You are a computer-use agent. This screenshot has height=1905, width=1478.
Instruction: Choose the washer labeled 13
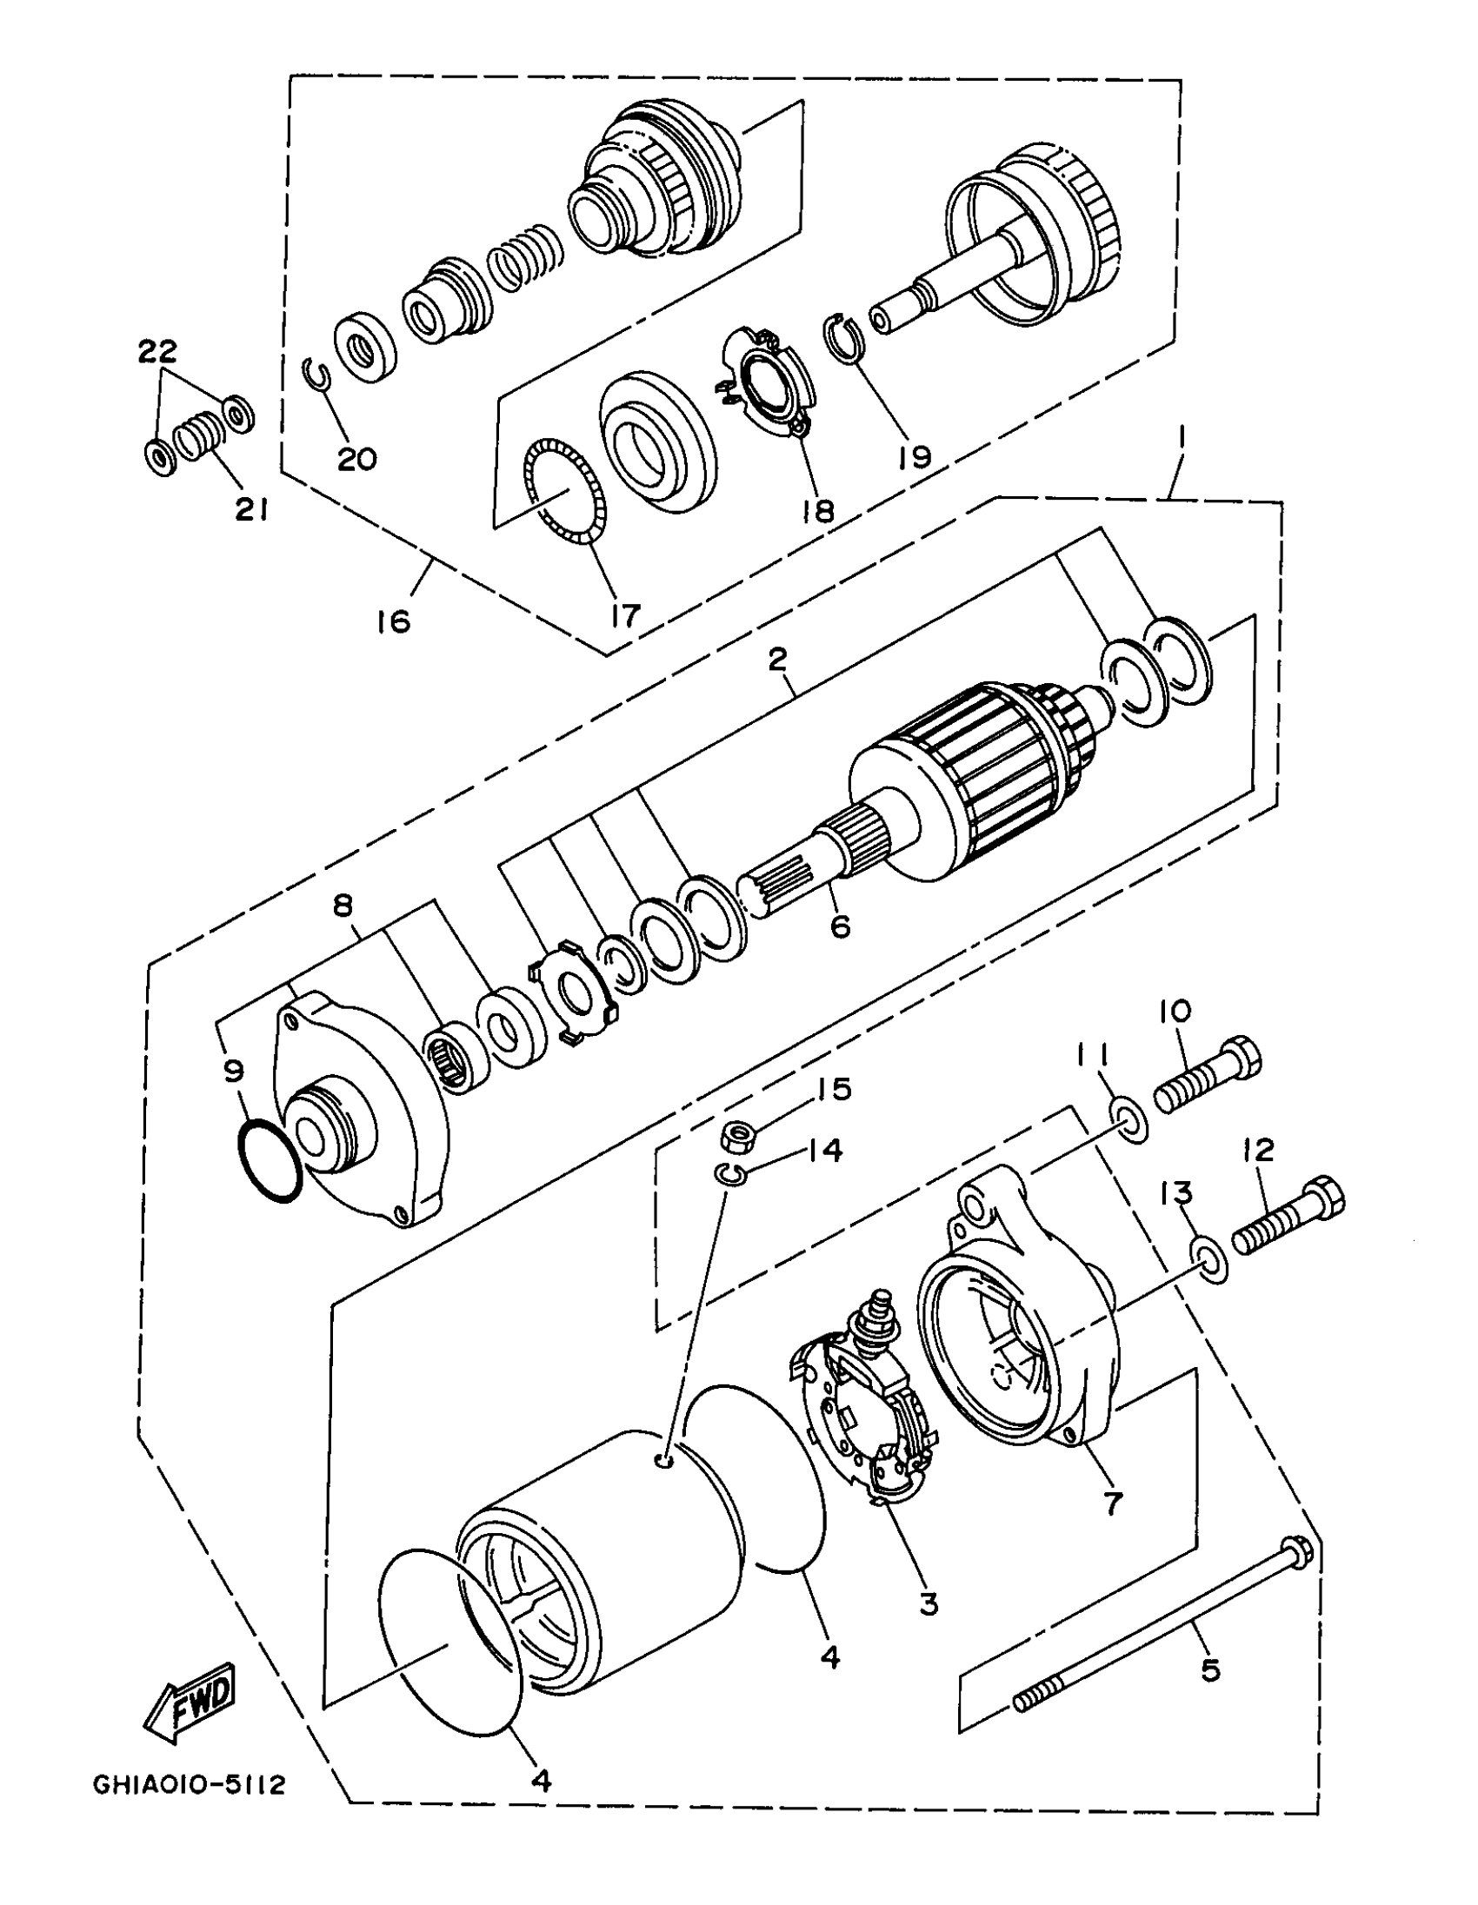1208,1259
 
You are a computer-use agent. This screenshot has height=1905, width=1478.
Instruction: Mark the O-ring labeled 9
270,1163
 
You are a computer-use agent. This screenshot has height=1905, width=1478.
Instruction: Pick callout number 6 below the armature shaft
839,926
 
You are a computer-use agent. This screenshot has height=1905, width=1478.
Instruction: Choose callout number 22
157,350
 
